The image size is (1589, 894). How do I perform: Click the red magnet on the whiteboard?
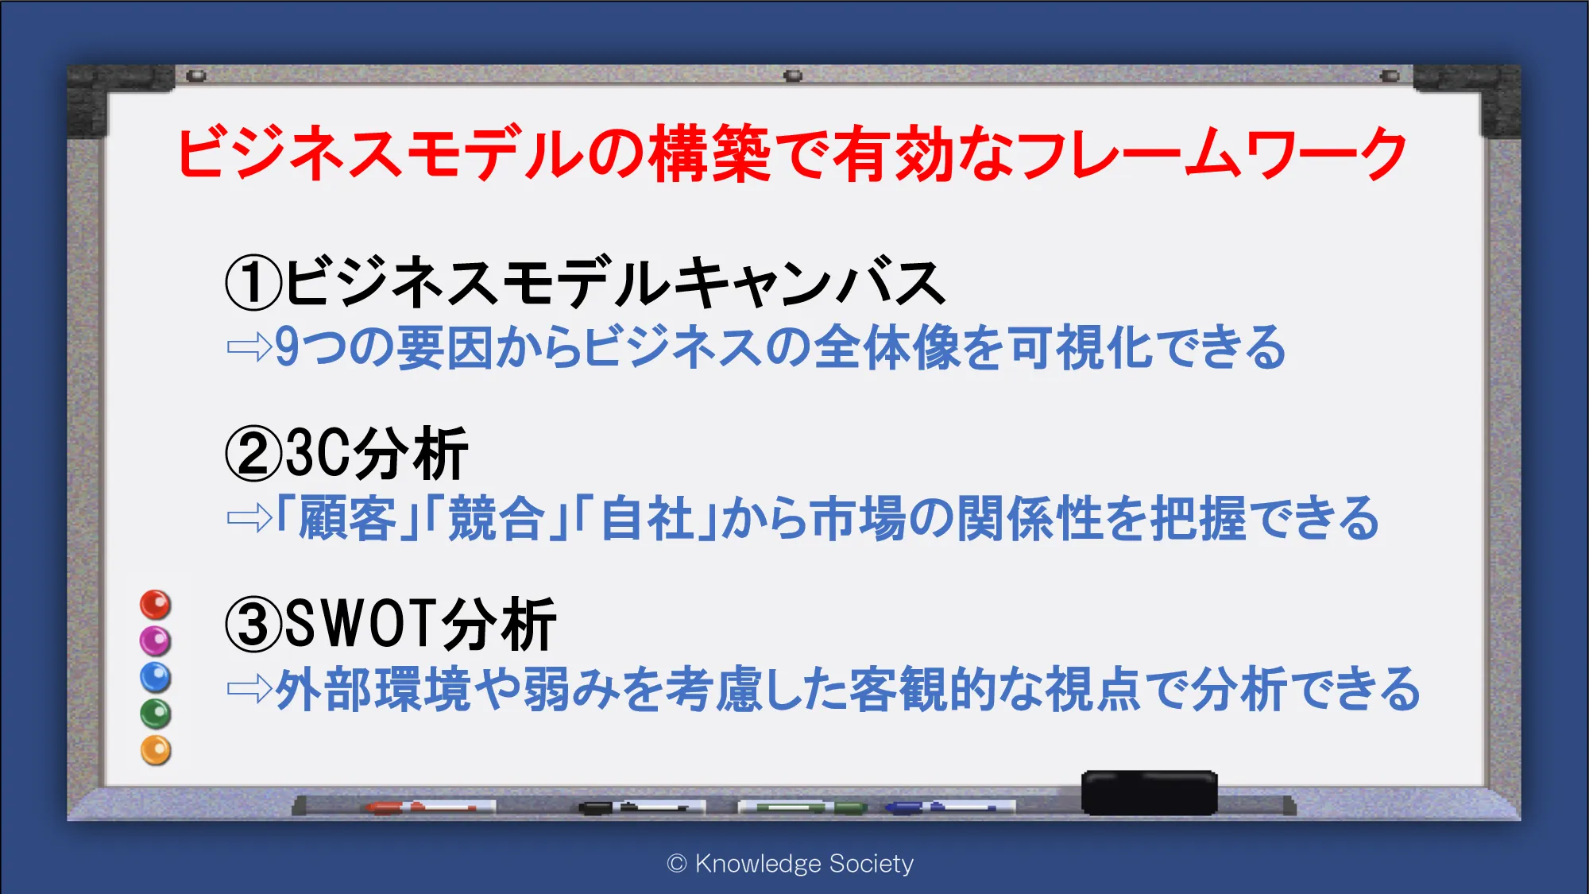coord(156,604)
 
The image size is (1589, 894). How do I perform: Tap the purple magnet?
coord(156,641)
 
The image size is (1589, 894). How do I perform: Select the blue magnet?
coord(156,677)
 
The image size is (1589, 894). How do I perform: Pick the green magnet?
coord(156,714)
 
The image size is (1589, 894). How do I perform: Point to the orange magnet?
coord(156,750)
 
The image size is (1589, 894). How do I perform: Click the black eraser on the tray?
coord(1149,792)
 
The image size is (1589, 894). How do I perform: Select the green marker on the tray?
coord(802,807)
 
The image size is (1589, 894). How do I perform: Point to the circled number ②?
coord(253,454)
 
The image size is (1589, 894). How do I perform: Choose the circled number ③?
coord(253,625)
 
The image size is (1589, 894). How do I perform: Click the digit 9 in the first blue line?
coord(287,347)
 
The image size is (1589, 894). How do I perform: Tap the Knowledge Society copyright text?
coord(791,863)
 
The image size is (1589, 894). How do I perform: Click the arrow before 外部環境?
coord(249,689)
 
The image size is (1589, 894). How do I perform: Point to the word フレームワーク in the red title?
coord(1211,153)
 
